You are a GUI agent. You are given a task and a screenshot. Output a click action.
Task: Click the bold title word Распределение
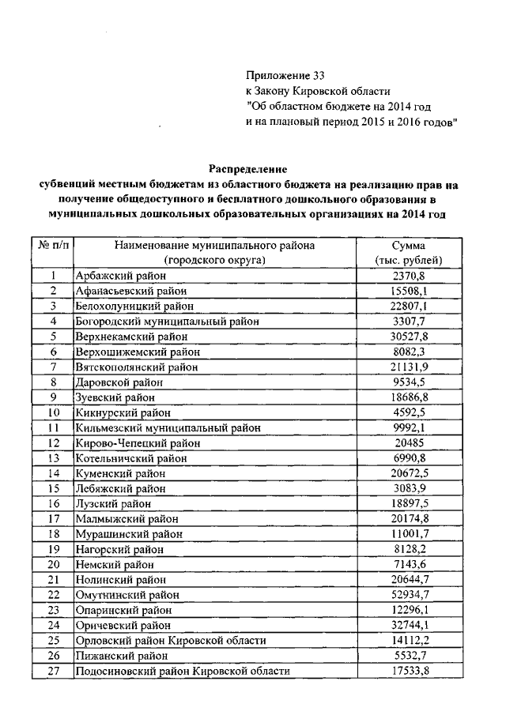click(x=248, y=169)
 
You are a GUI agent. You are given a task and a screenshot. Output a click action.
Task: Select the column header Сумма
click(x=409, y=246)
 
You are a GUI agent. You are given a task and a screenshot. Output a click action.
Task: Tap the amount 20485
click(x=409, y=442)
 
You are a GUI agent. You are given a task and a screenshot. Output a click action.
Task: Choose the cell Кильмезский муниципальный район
click(x=167, y=427)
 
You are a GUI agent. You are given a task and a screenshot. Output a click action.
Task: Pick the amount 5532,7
click(x=409, y=655)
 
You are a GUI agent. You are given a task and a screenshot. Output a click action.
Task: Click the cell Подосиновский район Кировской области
click(x=181, y=671)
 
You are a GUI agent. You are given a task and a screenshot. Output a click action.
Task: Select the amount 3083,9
click(x=409, y=488)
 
